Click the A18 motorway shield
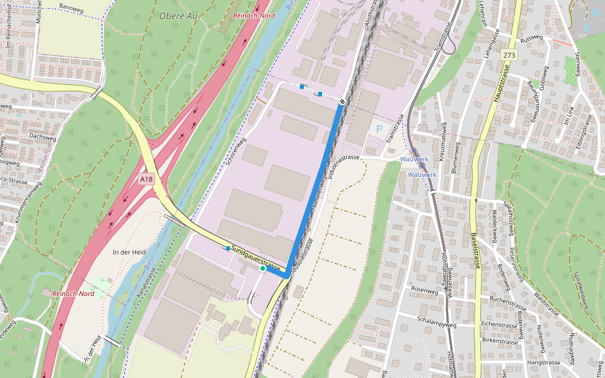tap(146, 180)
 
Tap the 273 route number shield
tap(509, 56)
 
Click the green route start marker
tap(263, 268)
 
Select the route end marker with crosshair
tap(342, 101)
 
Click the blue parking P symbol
tap(379, 129)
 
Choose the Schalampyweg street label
tap(436, 319)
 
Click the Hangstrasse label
tap(543, 363)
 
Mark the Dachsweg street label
tap(43, 135)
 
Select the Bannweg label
tap(70, 6)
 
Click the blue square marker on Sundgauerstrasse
tap(228, 249)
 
